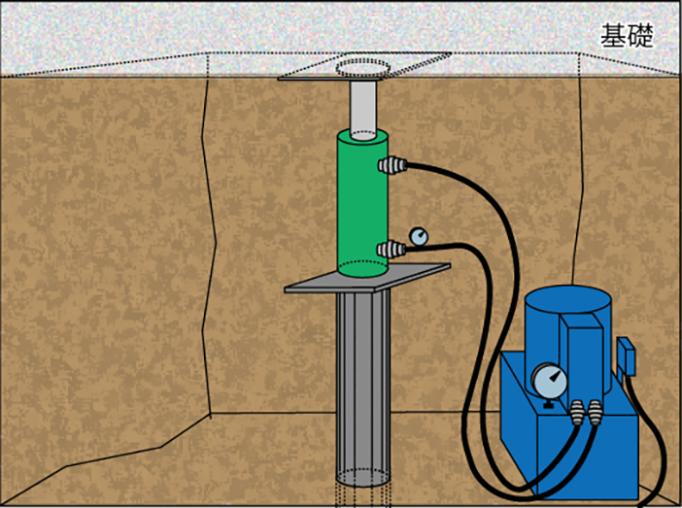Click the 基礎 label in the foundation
(627, 36)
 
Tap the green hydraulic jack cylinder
(362, 203)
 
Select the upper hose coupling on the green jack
(392, 165)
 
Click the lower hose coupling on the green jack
(392, 250)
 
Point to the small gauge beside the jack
(419, 237)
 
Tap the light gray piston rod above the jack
(363, 110)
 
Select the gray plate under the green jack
(367, 278)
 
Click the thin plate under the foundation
(330, 79)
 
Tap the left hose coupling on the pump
(577, 413)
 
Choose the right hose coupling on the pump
(595, 413)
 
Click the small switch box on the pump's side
(627, 356)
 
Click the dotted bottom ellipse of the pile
(363, 478)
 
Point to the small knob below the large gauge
(549, 405)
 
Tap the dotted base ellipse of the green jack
(362, 268)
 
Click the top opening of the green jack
(363, 135)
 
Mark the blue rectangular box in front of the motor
(581, 356)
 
